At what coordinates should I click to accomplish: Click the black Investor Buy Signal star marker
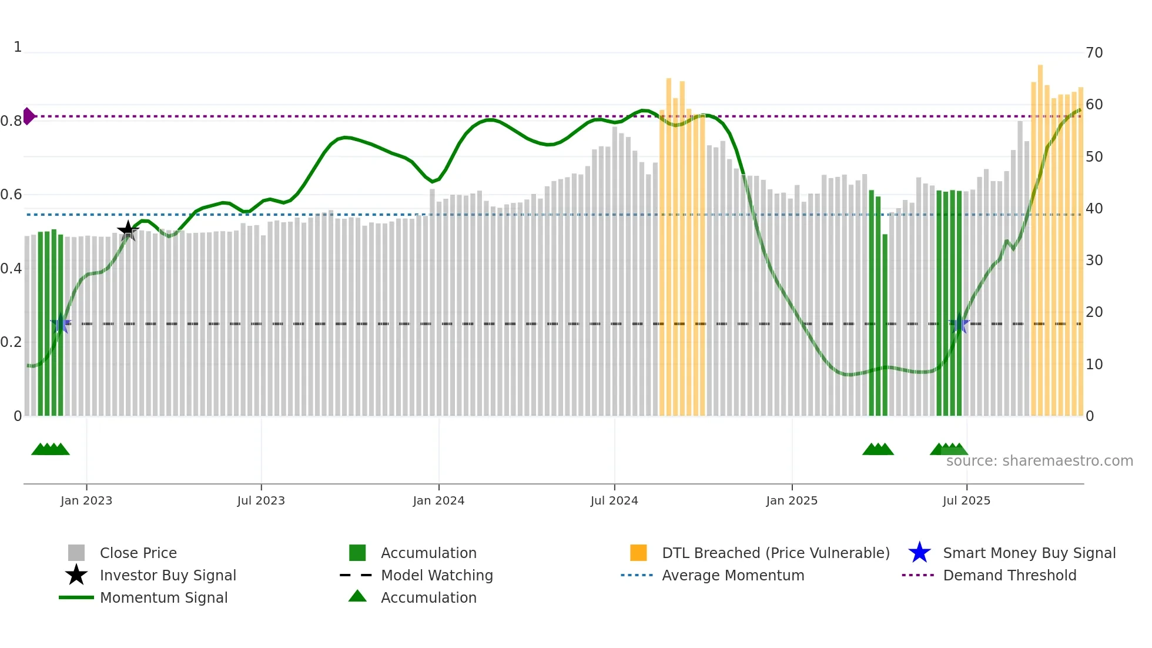(128, 231)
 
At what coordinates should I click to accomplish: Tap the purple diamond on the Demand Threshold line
(28, 116)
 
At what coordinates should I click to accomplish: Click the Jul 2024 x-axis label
(614, 500)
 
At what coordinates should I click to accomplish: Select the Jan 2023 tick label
(86, 500)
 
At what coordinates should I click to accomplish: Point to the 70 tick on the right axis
(1094, 53)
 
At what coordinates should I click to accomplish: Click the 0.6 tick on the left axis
(12, 195)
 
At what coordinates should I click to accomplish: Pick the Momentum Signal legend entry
(163, 597)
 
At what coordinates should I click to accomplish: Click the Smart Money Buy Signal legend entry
(1029, 553)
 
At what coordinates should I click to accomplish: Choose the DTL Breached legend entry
(775, 553)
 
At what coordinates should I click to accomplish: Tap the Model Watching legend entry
(436, 575)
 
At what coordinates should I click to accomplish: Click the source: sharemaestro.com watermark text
(1039, 461)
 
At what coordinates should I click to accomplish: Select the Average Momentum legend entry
(732, 575)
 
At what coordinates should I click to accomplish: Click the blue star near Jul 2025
(960, 323)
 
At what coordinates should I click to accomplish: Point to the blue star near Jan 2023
(61, 323)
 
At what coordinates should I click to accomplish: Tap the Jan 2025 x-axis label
(792, 500)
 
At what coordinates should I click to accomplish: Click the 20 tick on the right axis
(1094, 312)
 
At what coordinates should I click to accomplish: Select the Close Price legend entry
(138, 553)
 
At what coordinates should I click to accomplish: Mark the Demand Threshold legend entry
(1009, 575)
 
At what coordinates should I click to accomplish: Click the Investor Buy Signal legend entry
(168, 575)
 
